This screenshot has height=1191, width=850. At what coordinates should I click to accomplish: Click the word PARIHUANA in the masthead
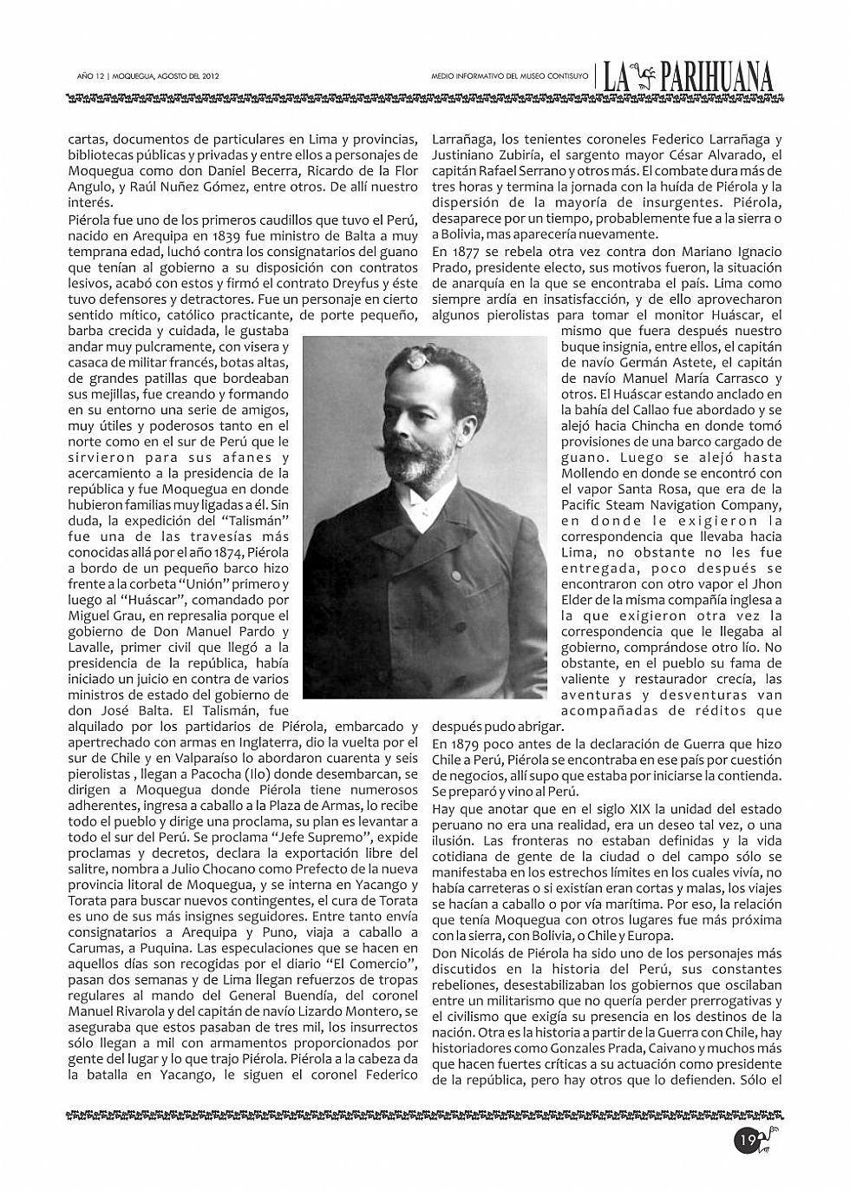click(x=716, y=79)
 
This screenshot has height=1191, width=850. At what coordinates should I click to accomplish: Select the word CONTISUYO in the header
click(x=567, y=76)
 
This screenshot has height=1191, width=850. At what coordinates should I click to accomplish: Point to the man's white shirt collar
click(x=426, y=517)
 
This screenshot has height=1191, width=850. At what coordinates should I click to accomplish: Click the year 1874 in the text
click(x=228, y=551)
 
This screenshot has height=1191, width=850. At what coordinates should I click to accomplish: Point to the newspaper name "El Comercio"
click(x=369, y=963)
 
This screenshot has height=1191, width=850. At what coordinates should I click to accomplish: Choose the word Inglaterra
click(x=252, y=742)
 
